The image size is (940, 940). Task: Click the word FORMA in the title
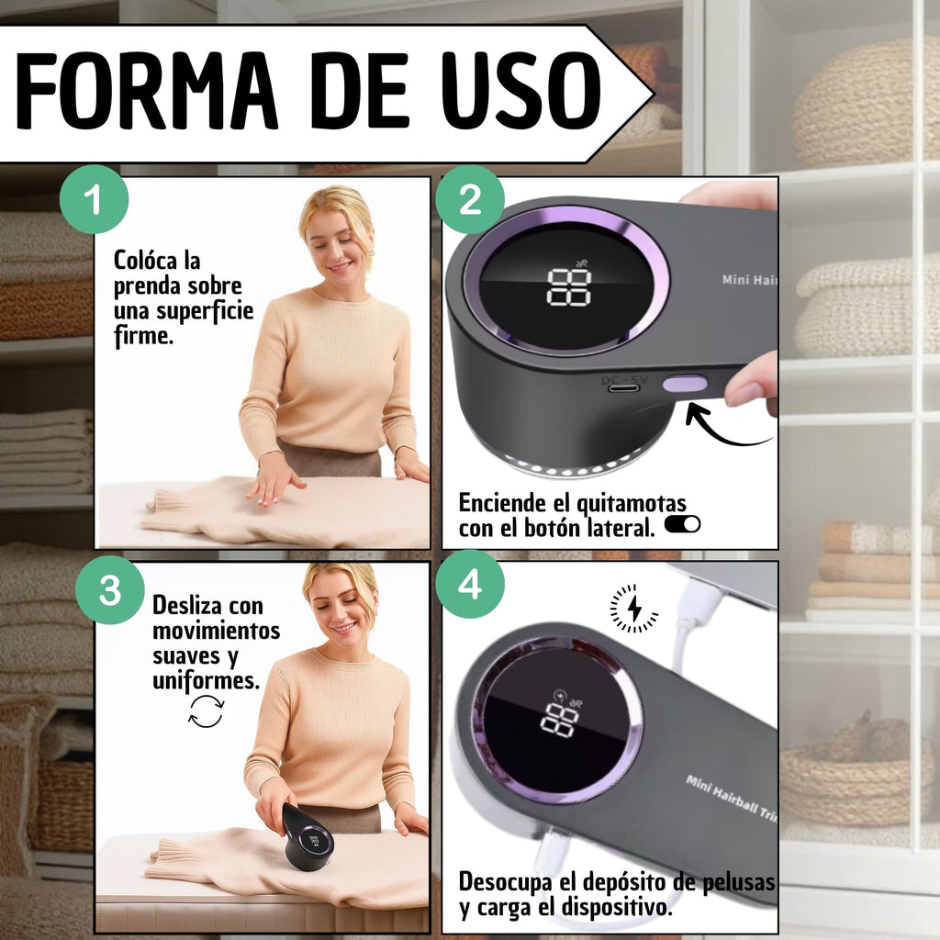click(x=146, y=91)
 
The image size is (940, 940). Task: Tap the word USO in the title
click(x=521, y=91)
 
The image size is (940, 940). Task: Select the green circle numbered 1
click(x=95, y=199)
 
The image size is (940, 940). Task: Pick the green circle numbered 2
click(x=470, y=199)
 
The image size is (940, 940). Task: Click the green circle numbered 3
click(x=110, y=589)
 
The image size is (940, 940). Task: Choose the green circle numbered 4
click(x=470, y=585)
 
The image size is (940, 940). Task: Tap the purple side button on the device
click(x=685, y=385)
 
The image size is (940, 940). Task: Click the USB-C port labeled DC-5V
click(x=624, y=388)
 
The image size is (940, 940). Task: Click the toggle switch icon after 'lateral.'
click(x=682, y=524)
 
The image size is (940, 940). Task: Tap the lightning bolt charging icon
click(x=634, y=609)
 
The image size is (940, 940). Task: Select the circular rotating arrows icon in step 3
click(x=207, y=711)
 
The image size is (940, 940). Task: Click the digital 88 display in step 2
click(x=569, y=286)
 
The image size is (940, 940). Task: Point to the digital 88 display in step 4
click(x=560, y=720)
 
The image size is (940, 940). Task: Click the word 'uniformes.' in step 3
click(x=207, y=680)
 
